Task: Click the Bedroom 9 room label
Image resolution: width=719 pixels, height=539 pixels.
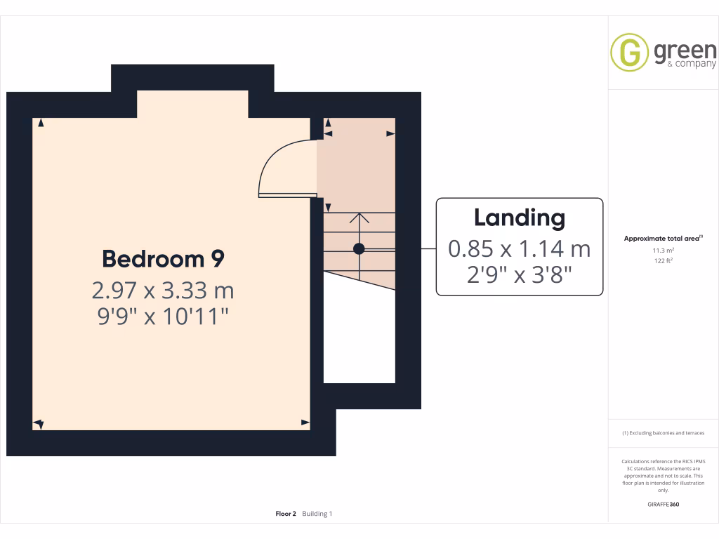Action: click(x=163, y=259)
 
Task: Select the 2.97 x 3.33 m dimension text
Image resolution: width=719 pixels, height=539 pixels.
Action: click(x=163, y=290)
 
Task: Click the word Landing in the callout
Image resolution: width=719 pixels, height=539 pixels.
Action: click(x=520, y=218)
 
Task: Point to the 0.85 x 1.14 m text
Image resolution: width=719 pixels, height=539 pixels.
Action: click(x=520, y=248)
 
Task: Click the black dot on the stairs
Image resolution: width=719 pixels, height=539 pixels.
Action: click(x=359, y=248)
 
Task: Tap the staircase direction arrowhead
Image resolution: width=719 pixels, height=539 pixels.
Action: click(x=359, y=216)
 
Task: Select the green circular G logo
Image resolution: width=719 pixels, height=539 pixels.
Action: click(x=629, y=52)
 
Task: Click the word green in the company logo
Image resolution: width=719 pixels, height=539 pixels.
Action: click(x=685, y=51)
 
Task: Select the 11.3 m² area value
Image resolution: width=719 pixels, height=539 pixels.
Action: click(x=663, y=250)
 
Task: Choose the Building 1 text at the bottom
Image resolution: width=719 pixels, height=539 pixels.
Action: click(x=317, y=514)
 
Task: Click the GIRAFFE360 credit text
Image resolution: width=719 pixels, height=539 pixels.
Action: click(x=663, y=504)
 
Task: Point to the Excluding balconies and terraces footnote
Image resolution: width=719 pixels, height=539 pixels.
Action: click(x=663, y=433)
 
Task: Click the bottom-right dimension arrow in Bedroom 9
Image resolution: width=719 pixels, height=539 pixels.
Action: click(x=305, y=422)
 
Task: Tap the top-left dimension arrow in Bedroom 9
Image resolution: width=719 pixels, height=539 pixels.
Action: click(x=41, y=123)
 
